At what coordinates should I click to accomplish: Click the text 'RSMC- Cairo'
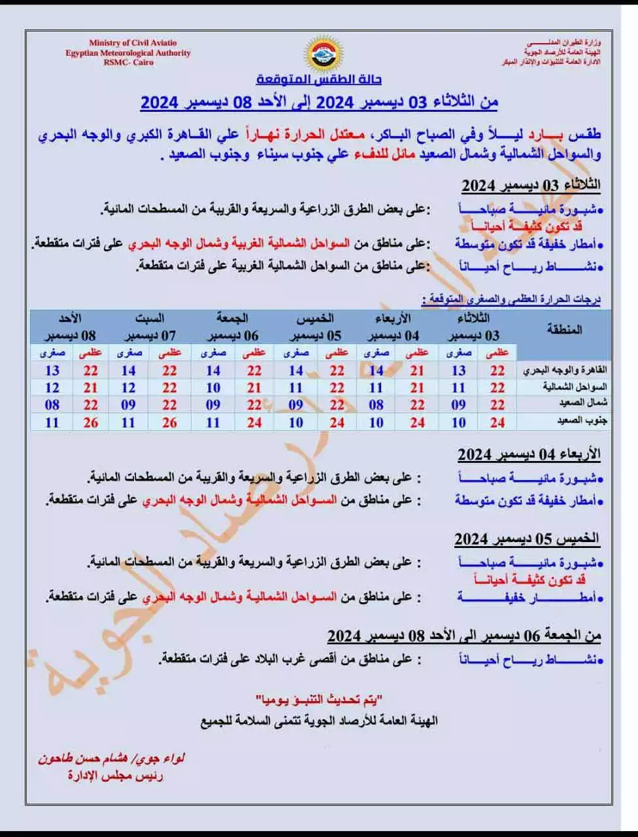pos(127,62)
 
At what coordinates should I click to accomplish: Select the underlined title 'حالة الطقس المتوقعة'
pos(318,80)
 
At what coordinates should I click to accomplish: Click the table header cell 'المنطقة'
pos(564,330)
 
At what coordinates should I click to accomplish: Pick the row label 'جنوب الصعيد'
pos(565,422)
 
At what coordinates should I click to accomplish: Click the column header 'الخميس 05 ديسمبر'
pos(316,327)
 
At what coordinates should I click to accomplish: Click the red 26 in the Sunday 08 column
pos(91,422)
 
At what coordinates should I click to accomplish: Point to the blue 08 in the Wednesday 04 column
pos(376,405)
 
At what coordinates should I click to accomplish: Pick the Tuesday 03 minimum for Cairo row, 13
pos(459,370)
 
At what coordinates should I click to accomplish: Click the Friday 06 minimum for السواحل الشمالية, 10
pos(213,388)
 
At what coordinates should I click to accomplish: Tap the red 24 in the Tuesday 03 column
pos(498,422)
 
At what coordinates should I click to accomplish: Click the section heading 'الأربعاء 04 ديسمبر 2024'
pos(529,454)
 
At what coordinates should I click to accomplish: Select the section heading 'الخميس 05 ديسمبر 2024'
pos(527,539)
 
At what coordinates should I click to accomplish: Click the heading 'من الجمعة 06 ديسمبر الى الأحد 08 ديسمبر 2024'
pos(464,636)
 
